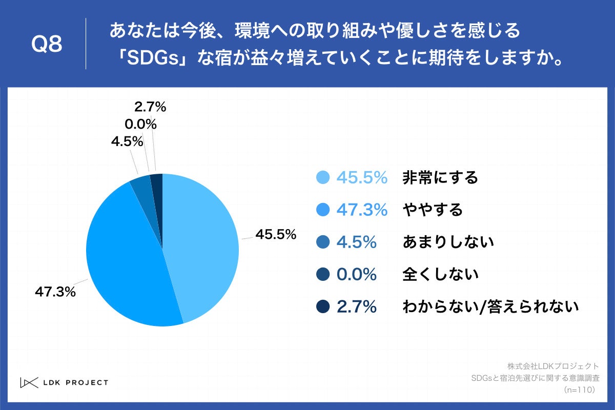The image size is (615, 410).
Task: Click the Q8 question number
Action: click(47, 45)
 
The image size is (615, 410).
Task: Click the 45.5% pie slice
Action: click(205, 246)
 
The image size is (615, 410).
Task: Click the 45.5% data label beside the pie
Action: click(276, 235)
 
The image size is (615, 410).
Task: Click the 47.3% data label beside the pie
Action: click(55, 292)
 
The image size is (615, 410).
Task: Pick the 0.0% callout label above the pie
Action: click(140, 124)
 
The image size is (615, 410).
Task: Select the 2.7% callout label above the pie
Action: click(150, 107)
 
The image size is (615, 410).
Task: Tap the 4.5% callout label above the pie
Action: click(127, 141)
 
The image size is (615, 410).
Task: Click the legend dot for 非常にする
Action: click(323, 177)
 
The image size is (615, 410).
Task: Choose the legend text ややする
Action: click(433, 210)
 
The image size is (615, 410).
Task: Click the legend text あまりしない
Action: click(448, 242)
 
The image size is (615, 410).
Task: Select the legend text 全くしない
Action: click(440, 274)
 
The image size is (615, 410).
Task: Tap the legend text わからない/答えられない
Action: click(490, 306)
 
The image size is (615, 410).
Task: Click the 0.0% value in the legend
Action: click(356, 274)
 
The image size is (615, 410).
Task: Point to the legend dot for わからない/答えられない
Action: click(323, 306)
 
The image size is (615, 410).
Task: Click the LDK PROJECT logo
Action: click(64, 382)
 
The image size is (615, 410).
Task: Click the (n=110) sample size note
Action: click(579, 390)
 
